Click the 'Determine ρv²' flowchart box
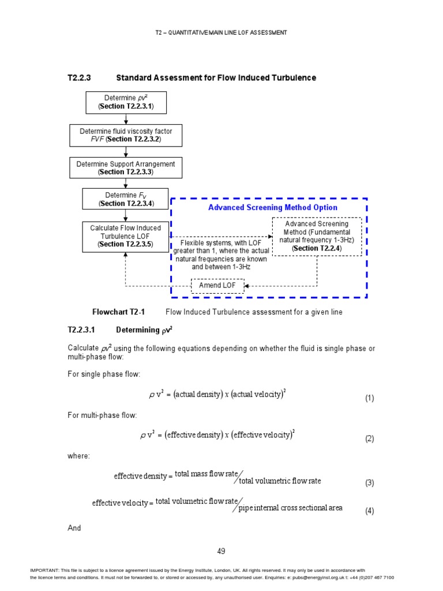(x=126, y=102)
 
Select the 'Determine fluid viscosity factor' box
(x=126, y=135)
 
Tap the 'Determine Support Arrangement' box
(x=126, y=168)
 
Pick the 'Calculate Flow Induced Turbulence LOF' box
(x=126, y=236)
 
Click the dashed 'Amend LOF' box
(x=217, y=286)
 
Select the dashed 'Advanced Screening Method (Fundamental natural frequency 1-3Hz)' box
(x=317, y=236)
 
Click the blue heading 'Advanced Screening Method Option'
(x=273, y=208)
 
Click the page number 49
(x=221, y=551)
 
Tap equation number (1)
(x=369, y=398)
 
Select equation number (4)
(x=369, y=511)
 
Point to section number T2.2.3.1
(x=84, y=330)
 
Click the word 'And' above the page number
(x=74, y=528)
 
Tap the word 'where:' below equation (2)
(x=78, y=456)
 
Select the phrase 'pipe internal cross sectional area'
(x=291, y=508)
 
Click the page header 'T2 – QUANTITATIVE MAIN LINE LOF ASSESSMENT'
(x=221, y=33)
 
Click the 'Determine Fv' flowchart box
(x=126, y=199)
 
